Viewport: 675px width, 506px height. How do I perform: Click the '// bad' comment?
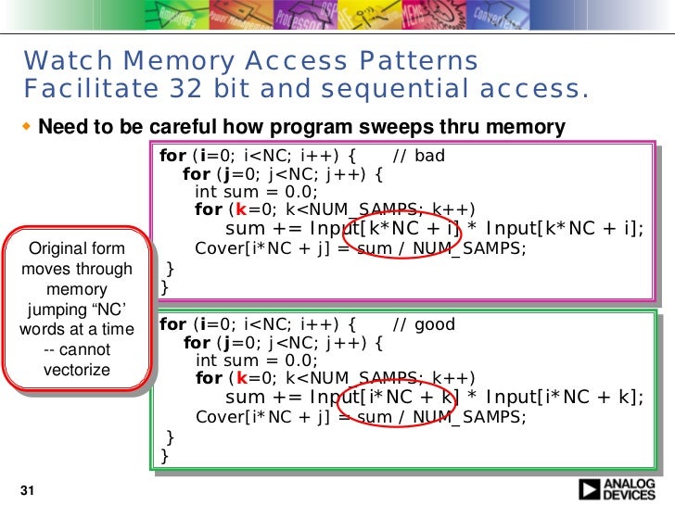(x=419, y=155)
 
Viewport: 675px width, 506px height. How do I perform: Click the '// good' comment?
(x=423, y=324)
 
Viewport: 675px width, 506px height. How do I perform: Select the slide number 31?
(x=26, y=490)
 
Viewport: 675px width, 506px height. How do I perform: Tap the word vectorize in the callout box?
(x=77, y=371)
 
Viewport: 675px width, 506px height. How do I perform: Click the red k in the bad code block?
(x=241, y=209)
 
